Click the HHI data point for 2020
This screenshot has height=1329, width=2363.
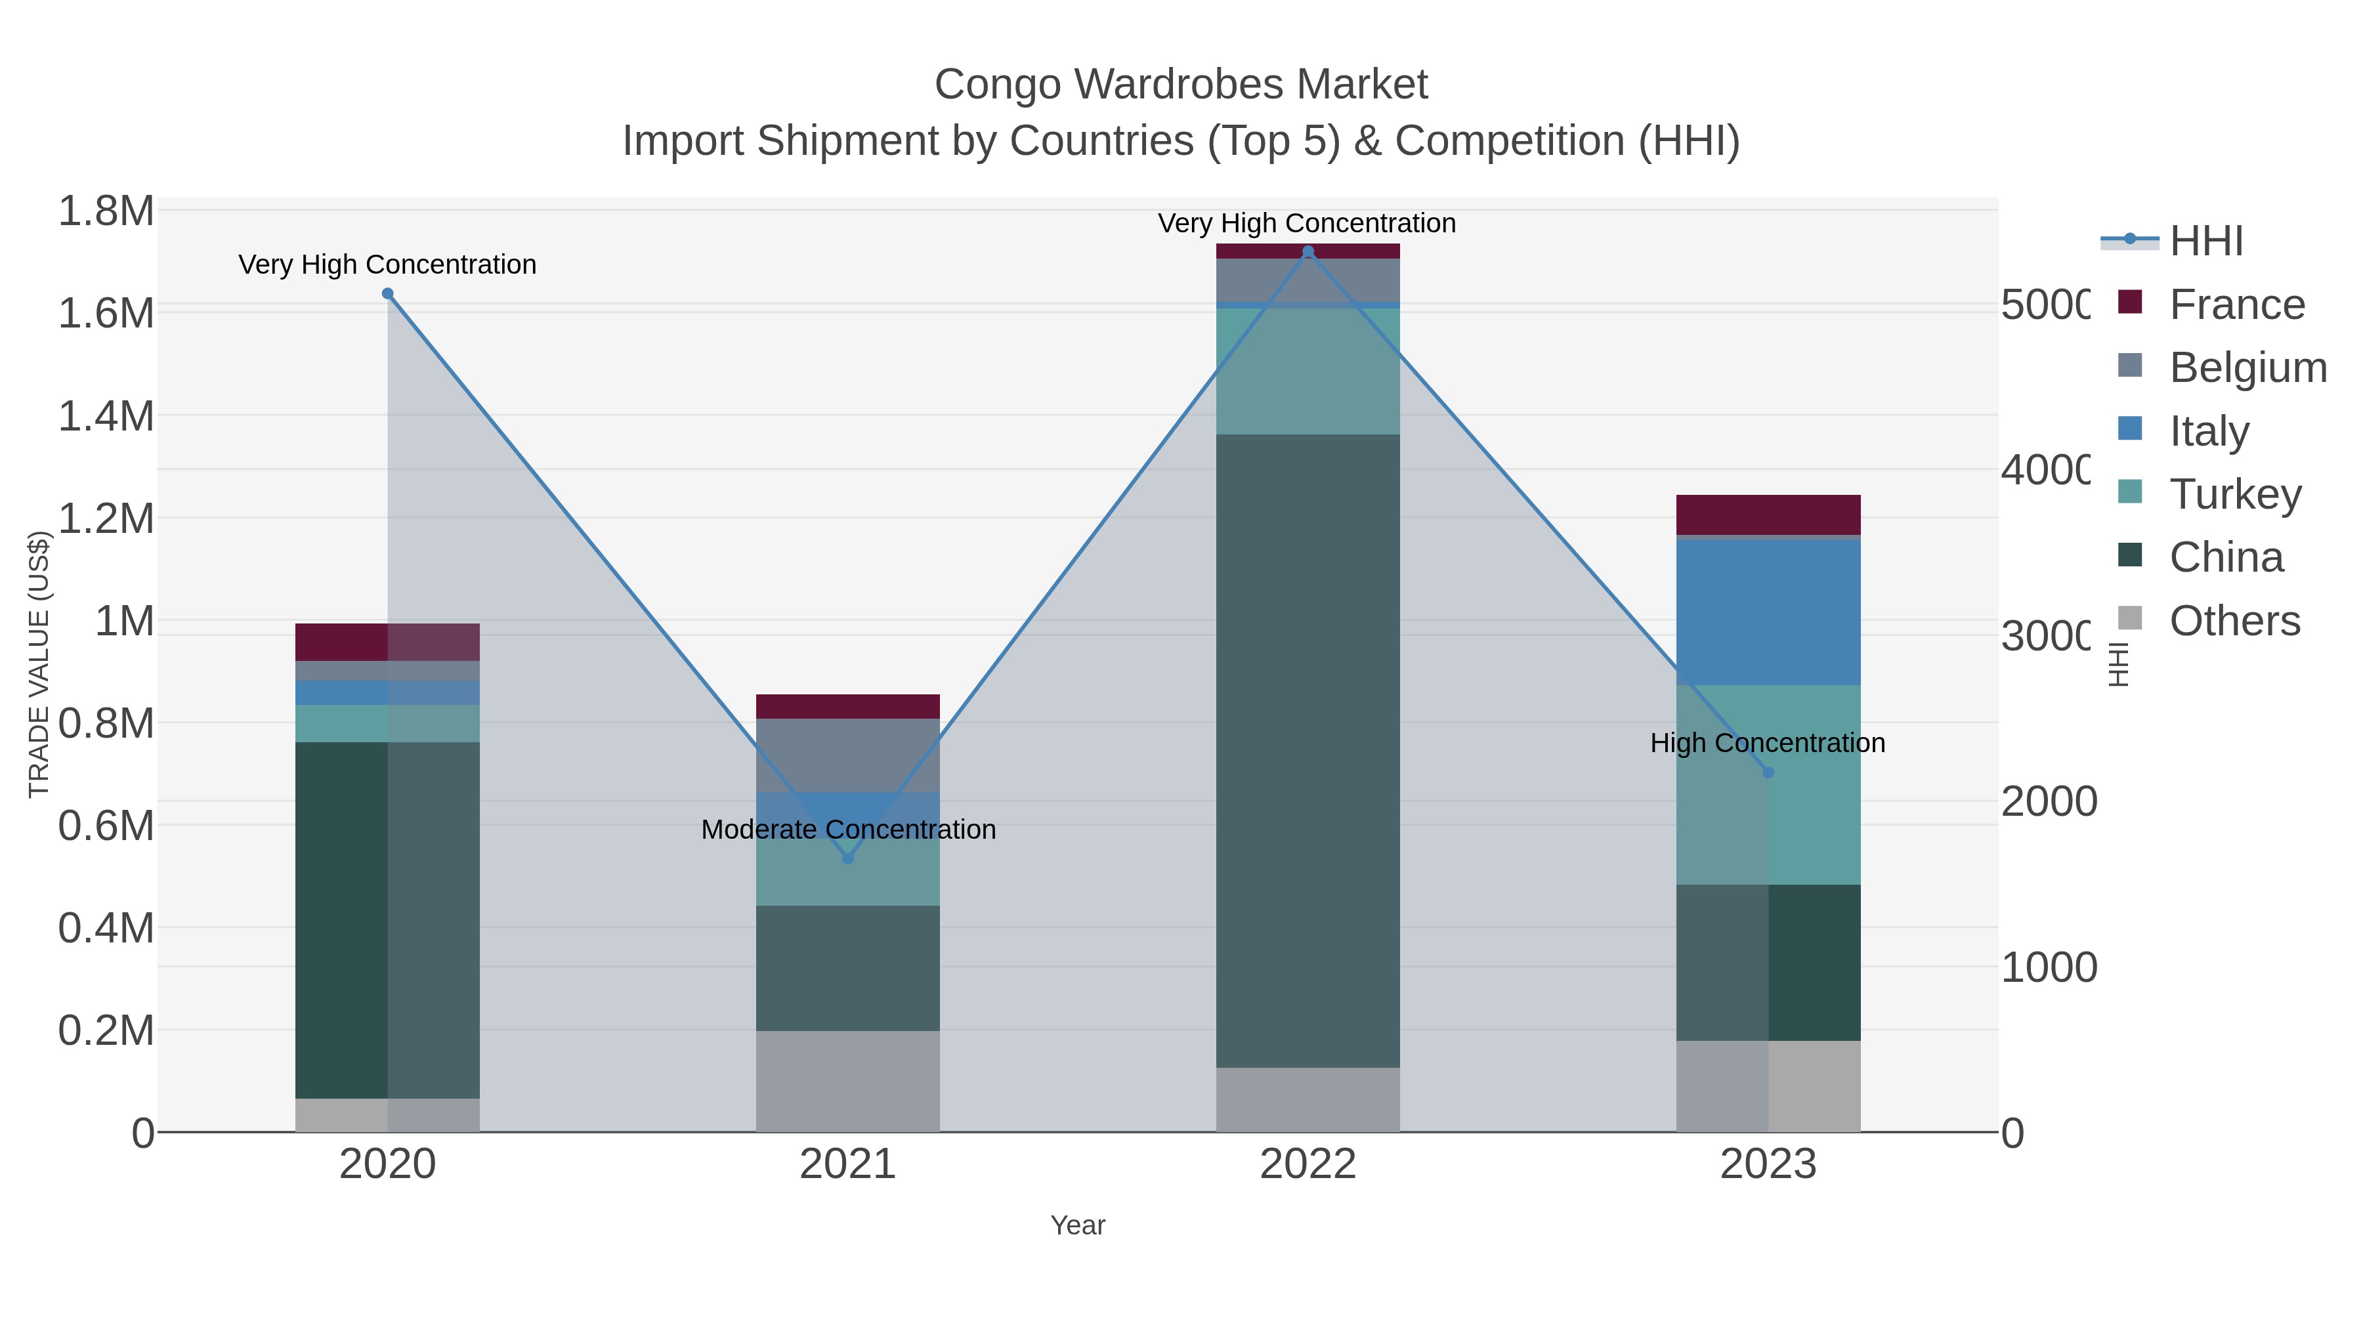387,293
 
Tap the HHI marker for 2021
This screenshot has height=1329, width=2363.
847,858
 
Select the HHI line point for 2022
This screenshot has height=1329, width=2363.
1308,251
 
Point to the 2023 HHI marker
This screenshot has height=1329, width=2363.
1768,772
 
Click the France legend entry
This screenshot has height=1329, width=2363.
2236,305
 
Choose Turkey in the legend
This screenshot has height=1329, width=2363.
2234,494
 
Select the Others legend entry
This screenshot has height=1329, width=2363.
2234,621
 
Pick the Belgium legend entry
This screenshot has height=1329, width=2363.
2247,368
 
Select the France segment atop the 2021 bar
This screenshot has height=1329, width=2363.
847,706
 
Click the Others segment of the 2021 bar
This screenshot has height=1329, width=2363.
847,1080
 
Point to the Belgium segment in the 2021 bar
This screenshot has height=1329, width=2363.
847,755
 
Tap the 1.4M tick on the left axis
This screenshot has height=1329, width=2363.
106,416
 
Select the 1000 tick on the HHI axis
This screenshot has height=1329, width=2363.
2049,967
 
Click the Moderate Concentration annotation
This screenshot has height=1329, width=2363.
847,829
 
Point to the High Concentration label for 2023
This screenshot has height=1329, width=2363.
1768,743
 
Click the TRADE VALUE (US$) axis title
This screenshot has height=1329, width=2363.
39,664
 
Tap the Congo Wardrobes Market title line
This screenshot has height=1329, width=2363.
1181,85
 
